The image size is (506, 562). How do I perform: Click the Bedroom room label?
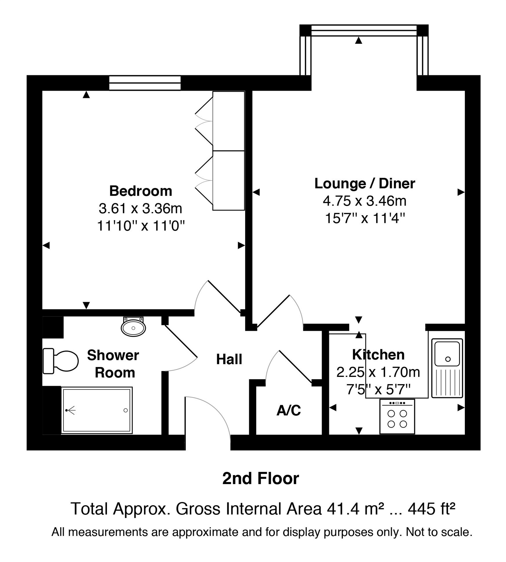pos(141,191)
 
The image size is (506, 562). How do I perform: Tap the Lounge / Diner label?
pos(365,183)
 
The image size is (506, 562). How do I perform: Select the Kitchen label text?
pos(378,354)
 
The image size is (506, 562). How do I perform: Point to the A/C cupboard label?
pos(289,410)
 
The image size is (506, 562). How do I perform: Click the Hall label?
pos(229,359)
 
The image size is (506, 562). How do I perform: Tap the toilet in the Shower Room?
pos(60,361)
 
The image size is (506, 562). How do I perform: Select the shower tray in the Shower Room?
pos(97,410)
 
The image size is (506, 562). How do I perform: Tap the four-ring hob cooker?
pos(397,416)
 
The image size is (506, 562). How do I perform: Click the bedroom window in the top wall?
pos(145,83)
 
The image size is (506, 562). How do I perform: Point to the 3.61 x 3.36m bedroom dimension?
pos(141,209)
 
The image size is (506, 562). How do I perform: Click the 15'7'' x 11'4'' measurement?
pos(365,218)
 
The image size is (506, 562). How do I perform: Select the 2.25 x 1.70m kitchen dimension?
pos(378,372)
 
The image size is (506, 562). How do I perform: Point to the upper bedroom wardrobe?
pos(229,121)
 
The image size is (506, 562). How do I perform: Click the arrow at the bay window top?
pos(359,41)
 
